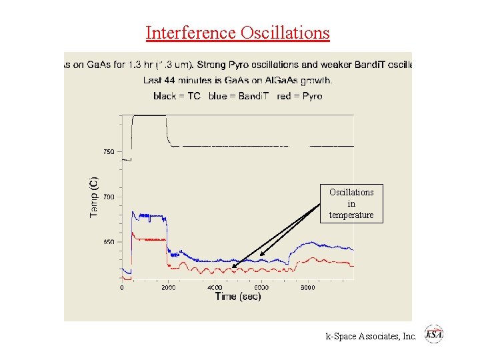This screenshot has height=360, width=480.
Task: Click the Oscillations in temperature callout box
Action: (x=351, y=203)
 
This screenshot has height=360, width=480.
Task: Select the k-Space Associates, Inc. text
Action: (x=371, y=337)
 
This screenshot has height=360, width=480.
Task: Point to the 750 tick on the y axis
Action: (x=108, y=152)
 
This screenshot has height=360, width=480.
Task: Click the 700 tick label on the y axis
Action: (x=108, y=197)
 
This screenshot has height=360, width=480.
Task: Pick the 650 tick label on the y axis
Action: (x=108, y=242)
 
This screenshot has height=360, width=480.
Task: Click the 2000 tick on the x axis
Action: (x=168, y=288)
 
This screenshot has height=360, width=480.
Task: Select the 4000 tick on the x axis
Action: (x=215, y=288)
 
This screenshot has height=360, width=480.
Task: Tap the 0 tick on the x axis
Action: (x=121, y=288)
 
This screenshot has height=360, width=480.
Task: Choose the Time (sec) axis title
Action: (x=238, y=297)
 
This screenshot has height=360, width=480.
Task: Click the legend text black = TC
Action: (x=177, y=96)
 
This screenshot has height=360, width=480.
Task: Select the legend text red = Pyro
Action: (x=299, y=96)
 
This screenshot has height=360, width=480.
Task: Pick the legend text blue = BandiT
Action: (x=238, y=96)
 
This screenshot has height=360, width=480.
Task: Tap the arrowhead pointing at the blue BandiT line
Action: (x=261, y=255)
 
